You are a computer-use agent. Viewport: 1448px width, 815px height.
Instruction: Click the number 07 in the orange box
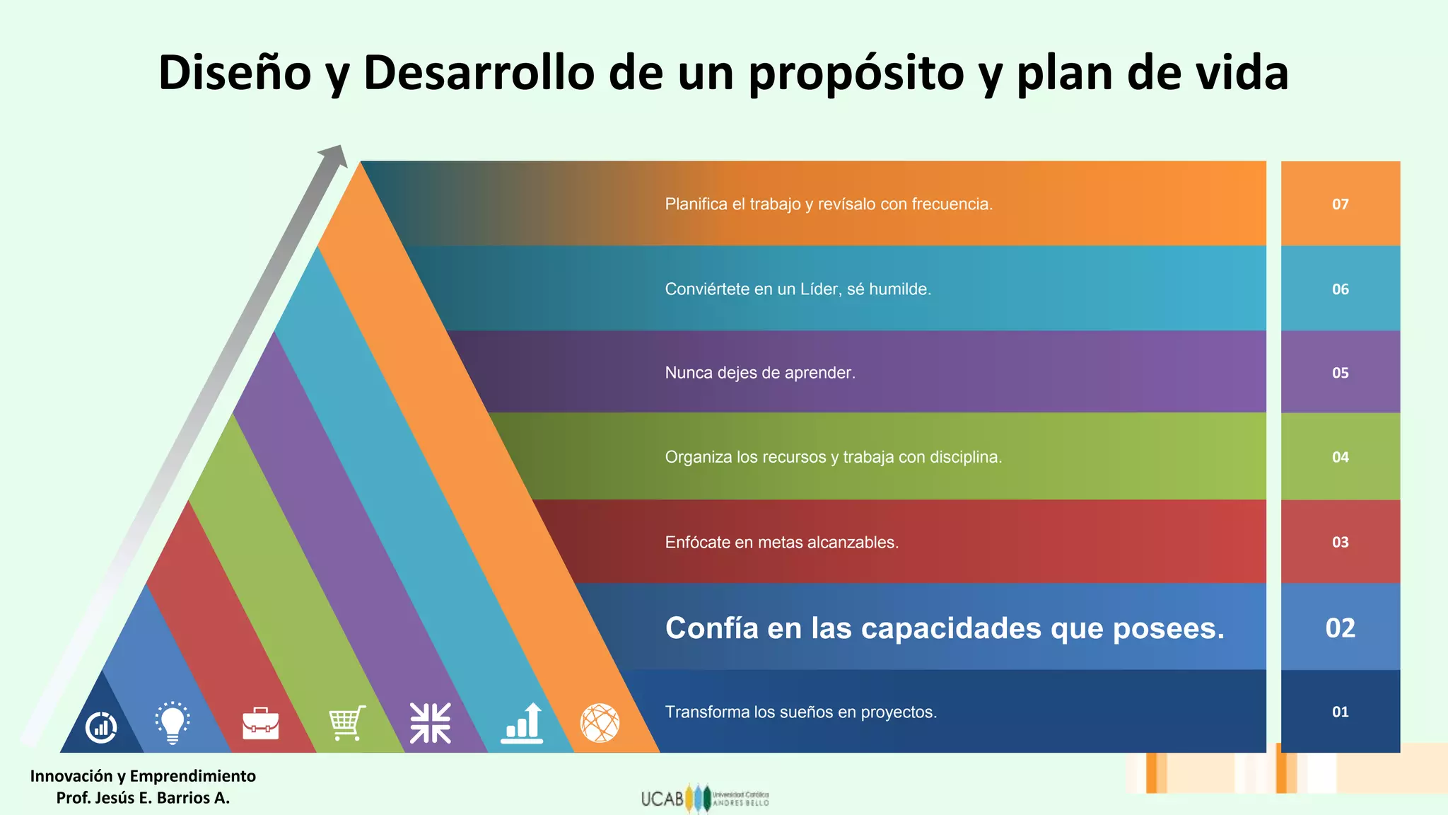pos(1340,204)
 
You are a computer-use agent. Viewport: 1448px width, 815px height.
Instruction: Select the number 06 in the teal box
pos(1340,289)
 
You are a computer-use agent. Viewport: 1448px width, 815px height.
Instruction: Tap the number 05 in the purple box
pos(1340,373)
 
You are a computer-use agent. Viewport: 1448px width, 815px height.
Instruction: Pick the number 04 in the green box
pos(1340,457)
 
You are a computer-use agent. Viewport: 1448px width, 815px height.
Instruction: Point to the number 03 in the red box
pos(1340,542)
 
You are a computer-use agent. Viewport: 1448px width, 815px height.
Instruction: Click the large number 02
pos(1340,628)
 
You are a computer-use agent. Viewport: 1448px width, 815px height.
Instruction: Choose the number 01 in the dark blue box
pos(1340,712)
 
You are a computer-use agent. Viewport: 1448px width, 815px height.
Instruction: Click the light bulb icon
pos(172,722)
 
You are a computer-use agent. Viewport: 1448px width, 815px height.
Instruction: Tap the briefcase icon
pos(260,723)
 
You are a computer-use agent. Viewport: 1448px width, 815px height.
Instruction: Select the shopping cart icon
pos(347,723)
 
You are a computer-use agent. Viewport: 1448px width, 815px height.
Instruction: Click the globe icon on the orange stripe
pos(600,723)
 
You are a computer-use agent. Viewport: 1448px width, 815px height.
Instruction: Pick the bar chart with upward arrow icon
pos(522,723)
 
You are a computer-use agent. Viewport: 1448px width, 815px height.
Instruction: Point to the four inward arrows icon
pos(430,723)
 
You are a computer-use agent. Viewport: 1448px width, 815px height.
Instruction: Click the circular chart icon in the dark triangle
pos(101,727)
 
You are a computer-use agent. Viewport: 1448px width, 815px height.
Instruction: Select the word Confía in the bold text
pos(711,628)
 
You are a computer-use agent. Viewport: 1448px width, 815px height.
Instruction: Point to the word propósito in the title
pos(856,74)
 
